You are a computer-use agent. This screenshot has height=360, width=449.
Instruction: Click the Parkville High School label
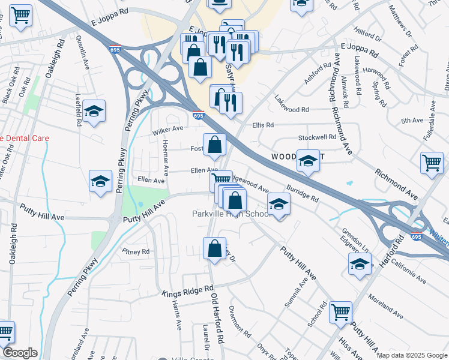[x=232, y=214]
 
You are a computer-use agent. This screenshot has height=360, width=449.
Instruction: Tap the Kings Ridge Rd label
[x=188, y=291]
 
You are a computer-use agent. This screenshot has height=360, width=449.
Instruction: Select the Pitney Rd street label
[x=135, y=252]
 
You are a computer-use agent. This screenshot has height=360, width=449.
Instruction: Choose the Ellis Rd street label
[x=263, y=125]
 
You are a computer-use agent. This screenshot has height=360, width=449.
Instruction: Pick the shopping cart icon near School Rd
[x=340, y=312]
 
